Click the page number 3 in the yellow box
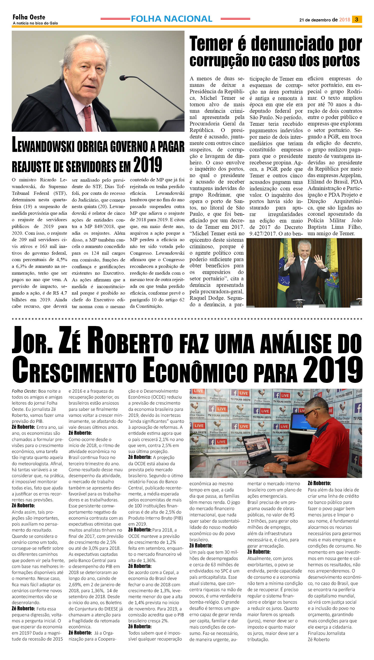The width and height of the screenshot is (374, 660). click(x=357, y=19)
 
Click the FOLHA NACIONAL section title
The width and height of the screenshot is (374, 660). click(x=171, y=19)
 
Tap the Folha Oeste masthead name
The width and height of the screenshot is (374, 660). click(x=29, y=17)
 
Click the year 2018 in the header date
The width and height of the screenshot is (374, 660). click(x=345, y=20)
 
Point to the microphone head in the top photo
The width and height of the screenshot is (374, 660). click(x=123, y=77)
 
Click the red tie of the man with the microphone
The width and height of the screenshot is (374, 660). click(x=88, y=118)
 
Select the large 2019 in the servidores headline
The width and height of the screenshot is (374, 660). click(x=148, y=165)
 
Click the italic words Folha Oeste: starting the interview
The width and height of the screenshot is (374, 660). click(x=24, y=391)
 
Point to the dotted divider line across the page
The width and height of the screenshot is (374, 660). click(x=187, y=319)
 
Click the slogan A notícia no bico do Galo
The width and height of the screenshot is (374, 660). click(x=35, y=23)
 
